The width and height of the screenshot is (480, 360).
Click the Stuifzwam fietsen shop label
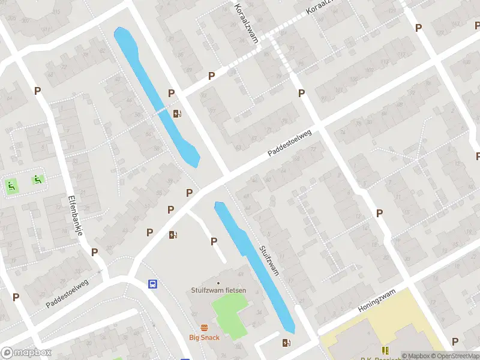[218, 290]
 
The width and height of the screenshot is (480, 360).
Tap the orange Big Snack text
[205, 337]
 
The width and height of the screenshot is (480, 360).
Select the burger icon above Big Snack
[205, 328]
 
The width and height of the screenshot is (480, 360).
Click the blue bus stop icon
[154, 284]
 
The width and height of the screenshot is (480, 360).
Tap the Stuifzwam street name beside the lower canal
[269, 260]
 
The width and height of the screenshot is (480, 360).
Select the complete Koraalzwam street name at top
[247, 22]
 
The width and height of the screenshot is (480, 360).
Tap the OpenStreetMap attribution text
[454, 356]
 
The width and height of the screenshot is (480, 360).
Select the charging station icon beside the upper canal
[177, 113]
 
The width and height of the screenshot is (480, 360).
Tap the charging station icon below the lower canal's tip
[286, 343]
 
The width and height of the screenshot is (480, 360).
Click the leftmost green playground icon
[10, 187]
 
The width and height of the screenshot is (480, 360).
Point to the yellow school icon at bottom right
[385, 350]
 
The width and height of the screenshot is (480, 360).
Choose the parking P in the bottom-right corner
[455, 341]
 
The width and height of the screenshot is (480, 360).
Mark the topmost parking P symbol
[418, 28]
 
